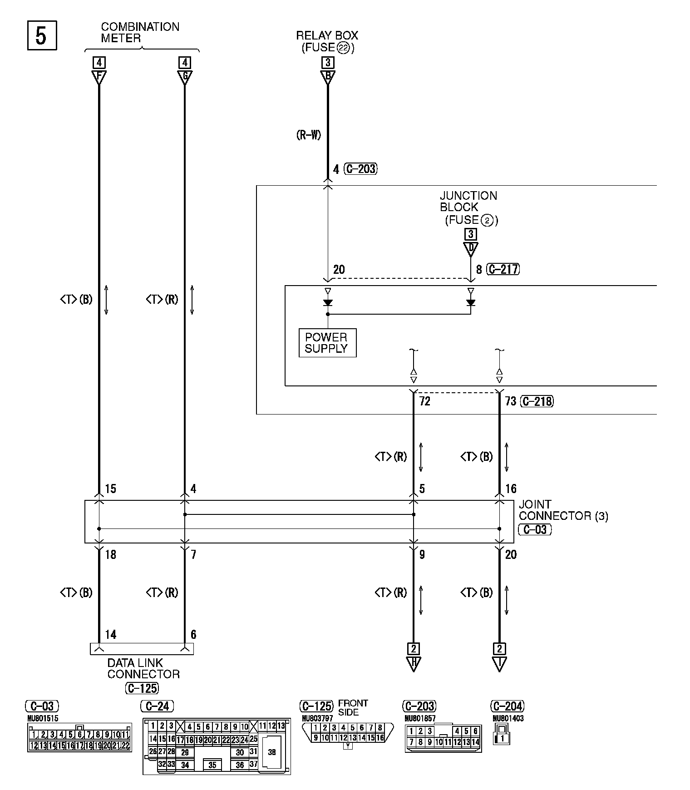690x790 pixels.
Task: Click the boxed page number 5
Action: (x=42, y=35)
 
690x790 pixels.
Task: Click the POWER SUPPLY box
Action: (x=327, y=343)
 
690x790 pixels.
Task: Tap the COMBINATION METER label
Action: (x=140, y=33)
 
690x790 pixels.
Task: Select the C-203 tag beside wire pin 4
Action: (x=361, y=169)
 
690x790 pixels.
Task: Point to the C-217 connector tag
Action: (x=503, y=269)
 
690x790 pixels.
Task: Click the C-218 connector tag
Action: (x=537, y=401)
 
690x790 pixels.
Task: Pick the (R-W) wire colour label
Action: (x=309, y=135)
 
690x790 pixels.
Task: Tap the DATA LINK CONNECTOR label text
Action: (x=143, y=668)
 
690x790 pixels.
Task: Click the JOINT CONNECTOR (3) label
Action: (x=563, y=510)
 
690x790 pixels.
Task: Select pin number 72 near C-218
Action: (x=424, y=401)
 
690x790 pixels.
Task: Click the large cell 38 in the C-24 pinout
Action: (x=271, y=752)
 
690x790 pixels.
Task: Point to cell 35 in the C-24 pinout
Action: (x=212, y=765)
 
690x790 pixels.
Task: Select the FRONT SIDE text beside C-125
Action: (x=353, y=707)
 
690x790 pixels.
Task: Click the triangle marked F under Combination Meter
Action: (x=99, y=77)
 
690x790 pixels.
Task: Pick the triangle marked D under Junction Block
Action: (x=471, y=248)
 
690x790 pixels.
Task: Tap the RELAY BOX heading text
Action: (x=327, y=35)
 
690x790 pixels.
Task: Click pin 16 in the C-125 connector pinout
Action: (x=379, y=738)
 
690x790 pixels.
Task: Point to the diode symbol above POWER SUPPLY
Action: (x=327, y=303)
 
